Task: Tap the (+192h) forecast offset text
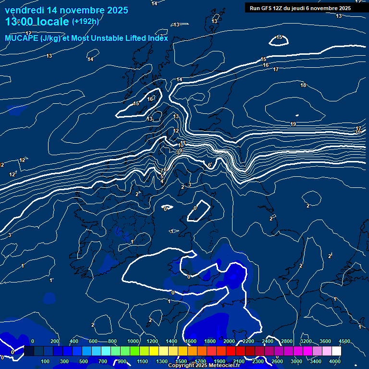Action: tap(85, 22)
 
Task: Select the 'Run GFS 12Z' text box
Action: tap(300, 8)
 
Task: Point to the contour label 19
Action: tap(293, 124)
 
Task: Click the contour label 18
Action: tap(303, 86)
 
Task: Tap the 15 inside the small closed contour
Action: tap(279, 37)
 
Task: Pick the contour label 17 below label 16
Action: tap(276, 70)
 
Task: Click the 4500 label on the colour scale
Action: tap(344, 341)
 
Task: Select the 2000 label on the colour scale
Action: tap(229, 341)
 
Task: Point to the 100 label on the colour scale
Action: tap(46, 361)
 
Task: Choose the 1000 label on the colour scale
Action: tap(133, 341)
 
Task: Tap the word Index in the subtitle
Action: tap(158, 38)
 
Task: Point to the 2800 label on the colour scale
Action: tap(287, 341)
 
